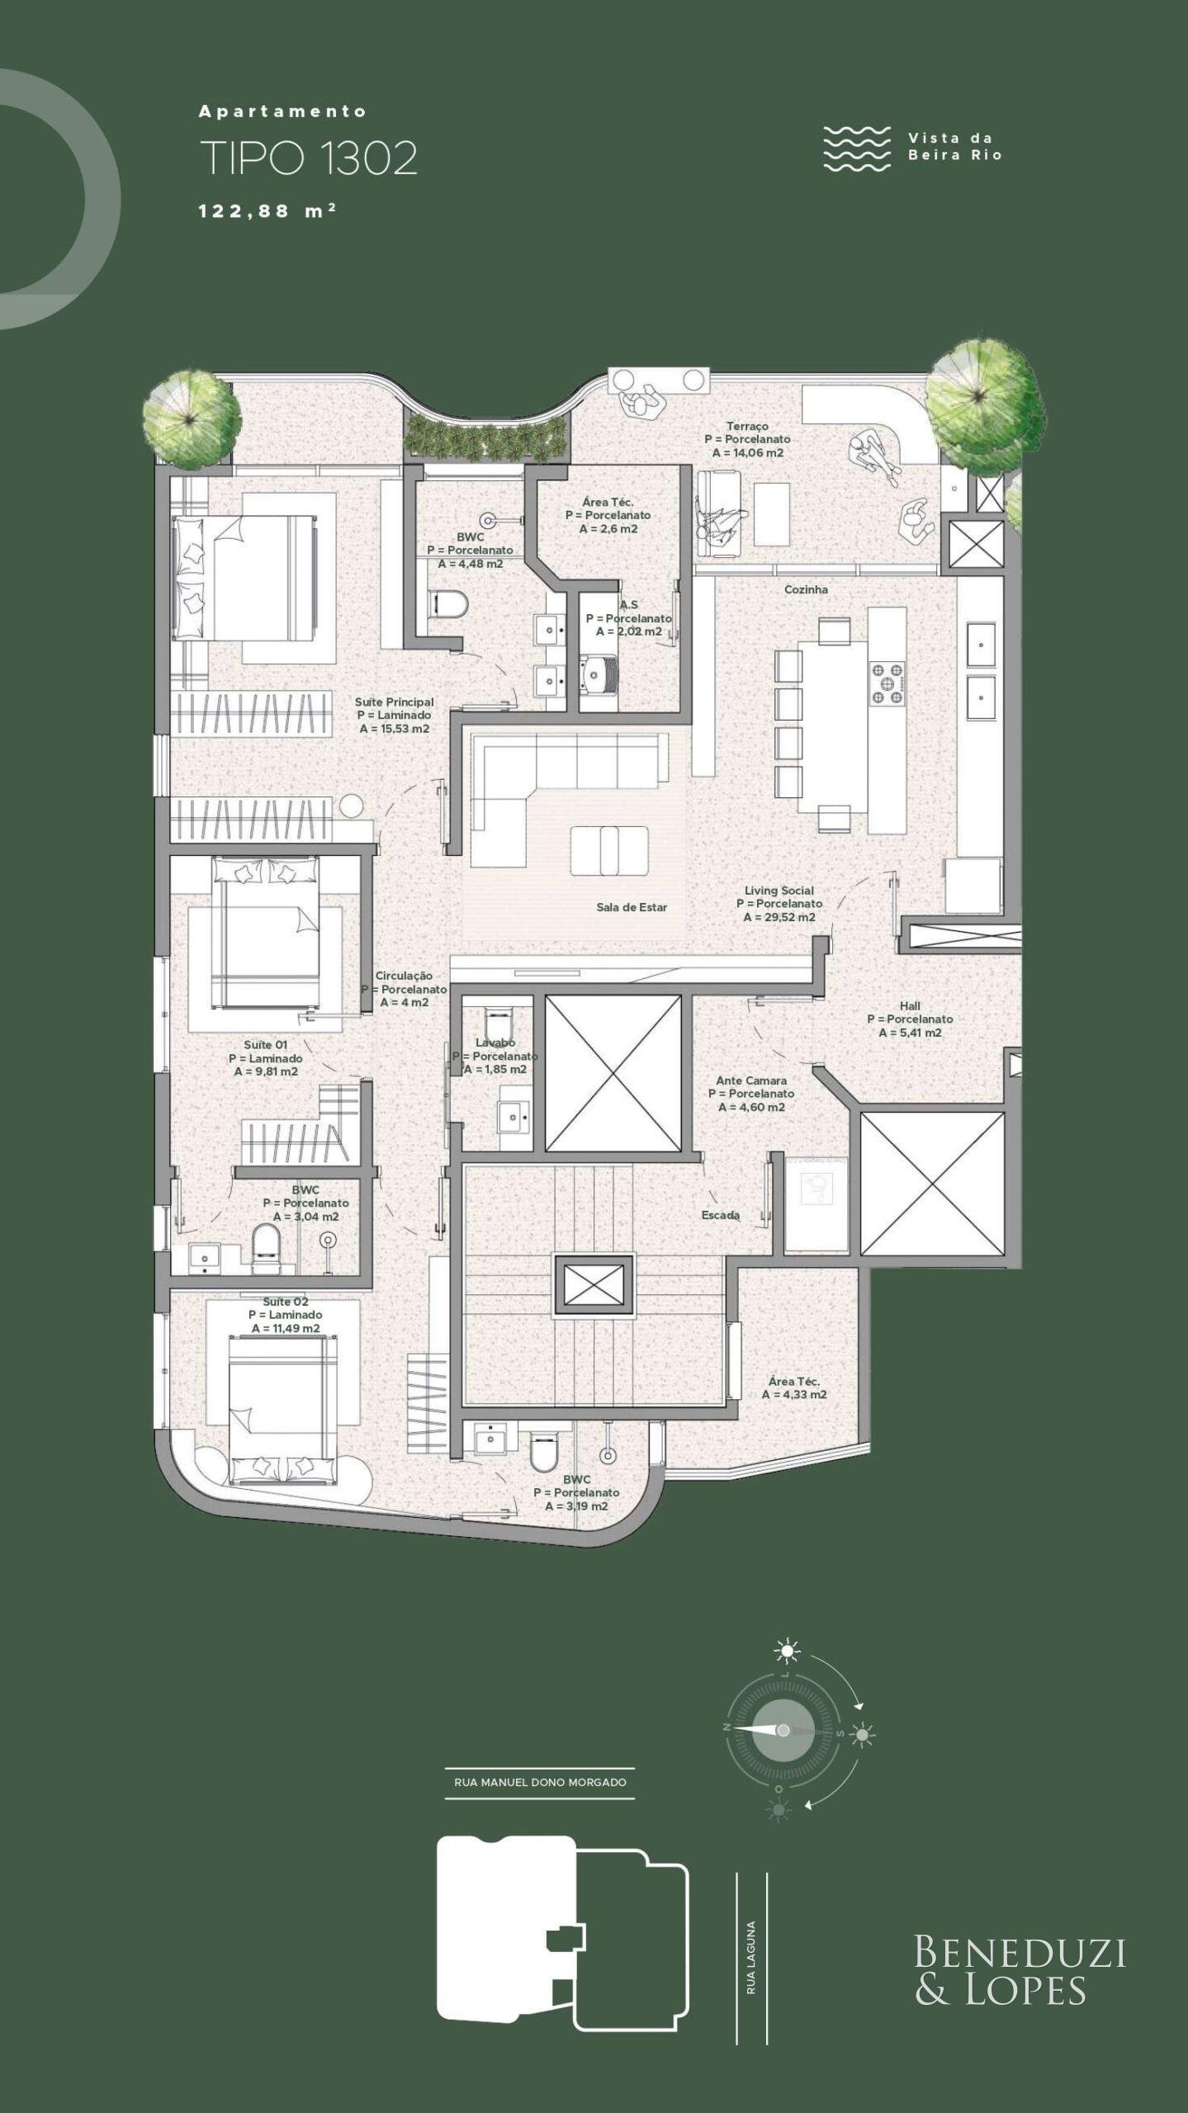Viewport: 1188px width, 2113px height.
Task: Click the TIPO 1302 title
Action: [x=308, y=158]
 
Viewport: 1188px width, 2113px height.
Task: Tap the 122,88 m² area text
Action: [x=267, y=210]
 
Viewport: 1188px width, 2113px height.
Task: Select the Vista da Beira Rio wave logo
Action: [x=857, y=149]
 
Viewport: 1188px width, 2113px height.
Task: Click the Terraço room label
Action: [x=747, y=426]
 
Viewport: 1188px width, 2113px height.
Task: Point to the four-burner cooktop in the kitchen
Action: [x=887, y=683]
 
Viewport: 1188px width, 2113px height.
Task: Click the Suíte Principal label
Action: [x=394, y=702]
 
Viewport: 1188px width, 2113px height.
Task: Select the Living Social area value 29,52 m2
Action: [x=779, y=917]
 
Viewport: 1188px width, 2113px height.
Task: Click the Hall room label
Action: [x=910, y=1005]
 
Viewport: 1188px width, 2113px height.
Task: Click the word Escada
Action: [x=720, y=1215]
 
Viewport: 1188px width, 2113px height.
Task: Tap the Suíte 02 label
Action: [x=286, y=1301]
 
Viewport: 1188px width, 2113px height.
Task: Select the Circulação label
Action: [x=404, y=975]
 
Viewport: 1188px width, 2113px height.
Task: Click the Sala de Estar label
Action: [x=632, y=907]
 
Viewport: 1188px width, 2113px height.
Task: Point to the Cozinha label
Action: [x=806, y=589]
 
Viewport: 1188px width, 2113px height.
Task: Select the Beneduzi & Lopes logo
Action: [x=1020, y=1970]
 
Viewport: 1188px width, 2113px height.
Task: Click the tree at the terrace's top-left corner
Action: [x=192, y=417]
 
